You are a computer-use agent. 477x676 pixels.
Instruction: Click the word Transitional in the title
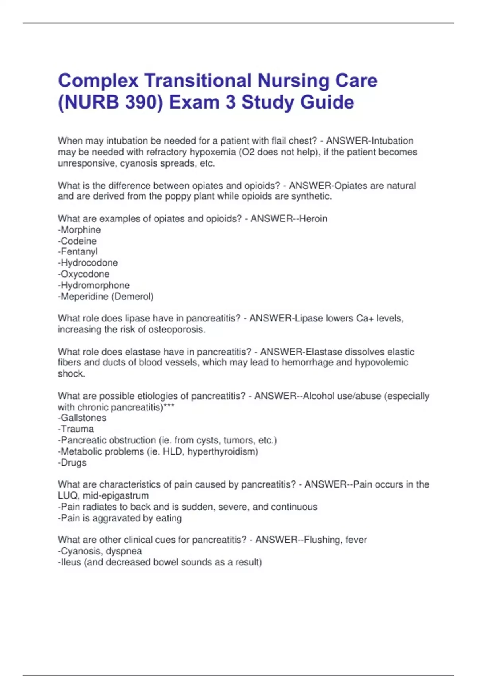click(198, 81)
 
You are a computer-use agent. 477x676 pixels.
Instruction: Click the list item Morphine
click(80, 230)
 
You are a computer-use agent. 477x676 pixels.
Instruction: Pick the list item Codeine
click(78, 241)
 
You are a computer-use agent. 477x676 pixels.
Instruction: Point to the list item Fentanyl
click(79, 252)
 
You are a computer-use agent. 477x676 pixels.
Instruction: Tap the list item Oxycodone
click(85, 274)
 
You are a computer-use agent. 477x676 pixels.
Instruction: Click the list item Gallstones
click(83, 418)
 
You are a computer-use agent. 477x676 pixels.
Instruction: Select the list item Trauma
click(77, 429)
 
